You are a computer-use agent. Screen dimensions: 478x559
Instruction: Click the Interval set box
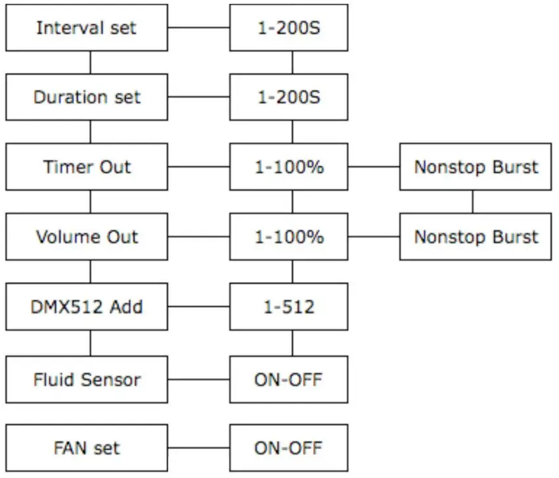tap(86, 28)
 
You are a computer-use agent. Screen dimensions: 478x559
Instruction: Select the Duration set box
tap(86, 97)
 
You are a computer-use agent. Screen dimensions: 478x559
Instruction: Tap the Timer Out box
tap(86, 167)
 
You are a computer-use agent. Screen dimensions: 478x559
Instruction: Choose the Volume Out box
tap(86, 237)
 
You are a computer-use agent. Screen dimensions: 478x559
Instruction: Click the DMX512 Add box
tap(86, 306)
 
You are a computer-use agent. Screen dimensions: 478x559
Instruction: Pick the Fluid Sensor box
tap(86, 379)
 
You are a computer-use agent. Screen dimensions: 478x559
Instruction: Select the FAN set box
tap(86, 448)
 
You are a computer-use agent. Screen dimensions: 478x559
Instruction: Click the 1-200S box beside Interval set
tap(288, 28)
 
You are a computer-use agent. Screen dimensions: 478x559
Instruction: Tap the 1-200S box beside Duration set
tap(288, 97)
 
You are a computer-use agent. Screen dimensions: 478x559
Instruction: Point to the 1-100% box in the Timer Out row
tap(288, 167)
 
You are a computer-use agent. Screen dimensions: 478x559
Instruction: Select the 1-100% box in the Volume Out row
tap(288, 237)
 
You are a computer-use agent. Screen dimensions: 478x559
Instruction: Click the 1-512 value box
tap(288, 306)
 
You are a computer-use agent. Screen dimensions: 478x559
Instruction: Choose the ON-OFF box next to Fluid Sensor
tap(288, 379)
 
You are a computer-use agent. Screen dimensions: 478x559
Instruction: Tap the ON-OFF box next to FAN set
tap(288, 448)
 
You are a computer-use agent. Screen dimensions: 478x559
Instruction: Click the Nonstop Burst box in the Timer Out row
tap(476, 167)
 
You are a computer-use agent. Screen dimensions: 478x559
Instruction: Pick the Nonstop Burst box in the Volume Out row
tap(476, 237)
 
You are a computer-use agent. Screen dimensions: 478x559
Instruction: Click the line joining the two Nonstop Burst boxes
tap(472, 202)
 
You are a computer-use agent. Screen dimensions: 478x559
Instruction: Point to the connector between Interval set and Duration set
tap(90, 62)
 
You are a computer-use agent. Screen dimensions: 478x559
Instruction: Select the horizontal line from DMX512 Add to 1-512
tap(198, 306)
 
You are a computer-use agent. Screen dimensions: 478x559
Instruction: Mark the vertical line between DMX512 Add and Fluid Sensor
tap(90, 343)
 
